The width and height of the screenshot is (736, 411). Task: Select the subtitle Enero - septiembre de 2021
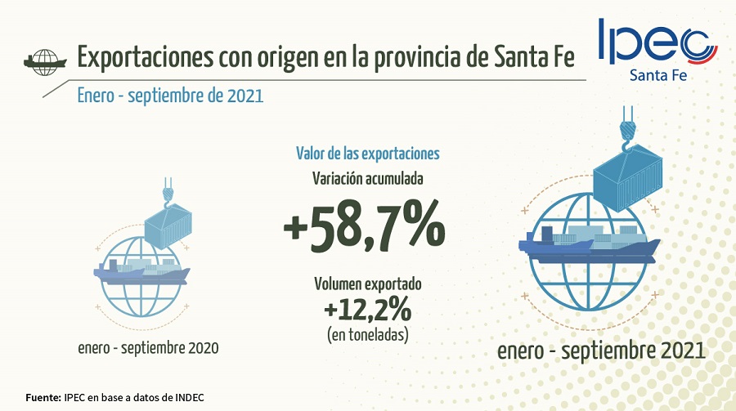(170, 96)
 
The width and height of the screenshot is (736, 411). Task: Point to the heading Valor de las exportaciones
(367, 153)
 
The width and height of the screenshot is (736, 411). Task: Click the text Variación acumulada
(367, 178)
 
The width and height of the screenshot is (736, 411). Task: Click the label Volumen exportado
(367, 284)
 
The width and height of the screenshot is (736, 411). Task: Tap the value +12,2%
(367, 311)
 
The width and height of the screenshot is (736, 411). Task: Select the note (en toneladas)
(367, 334)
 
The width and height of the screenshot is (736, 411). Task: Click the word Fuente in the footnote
(43, 397)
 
